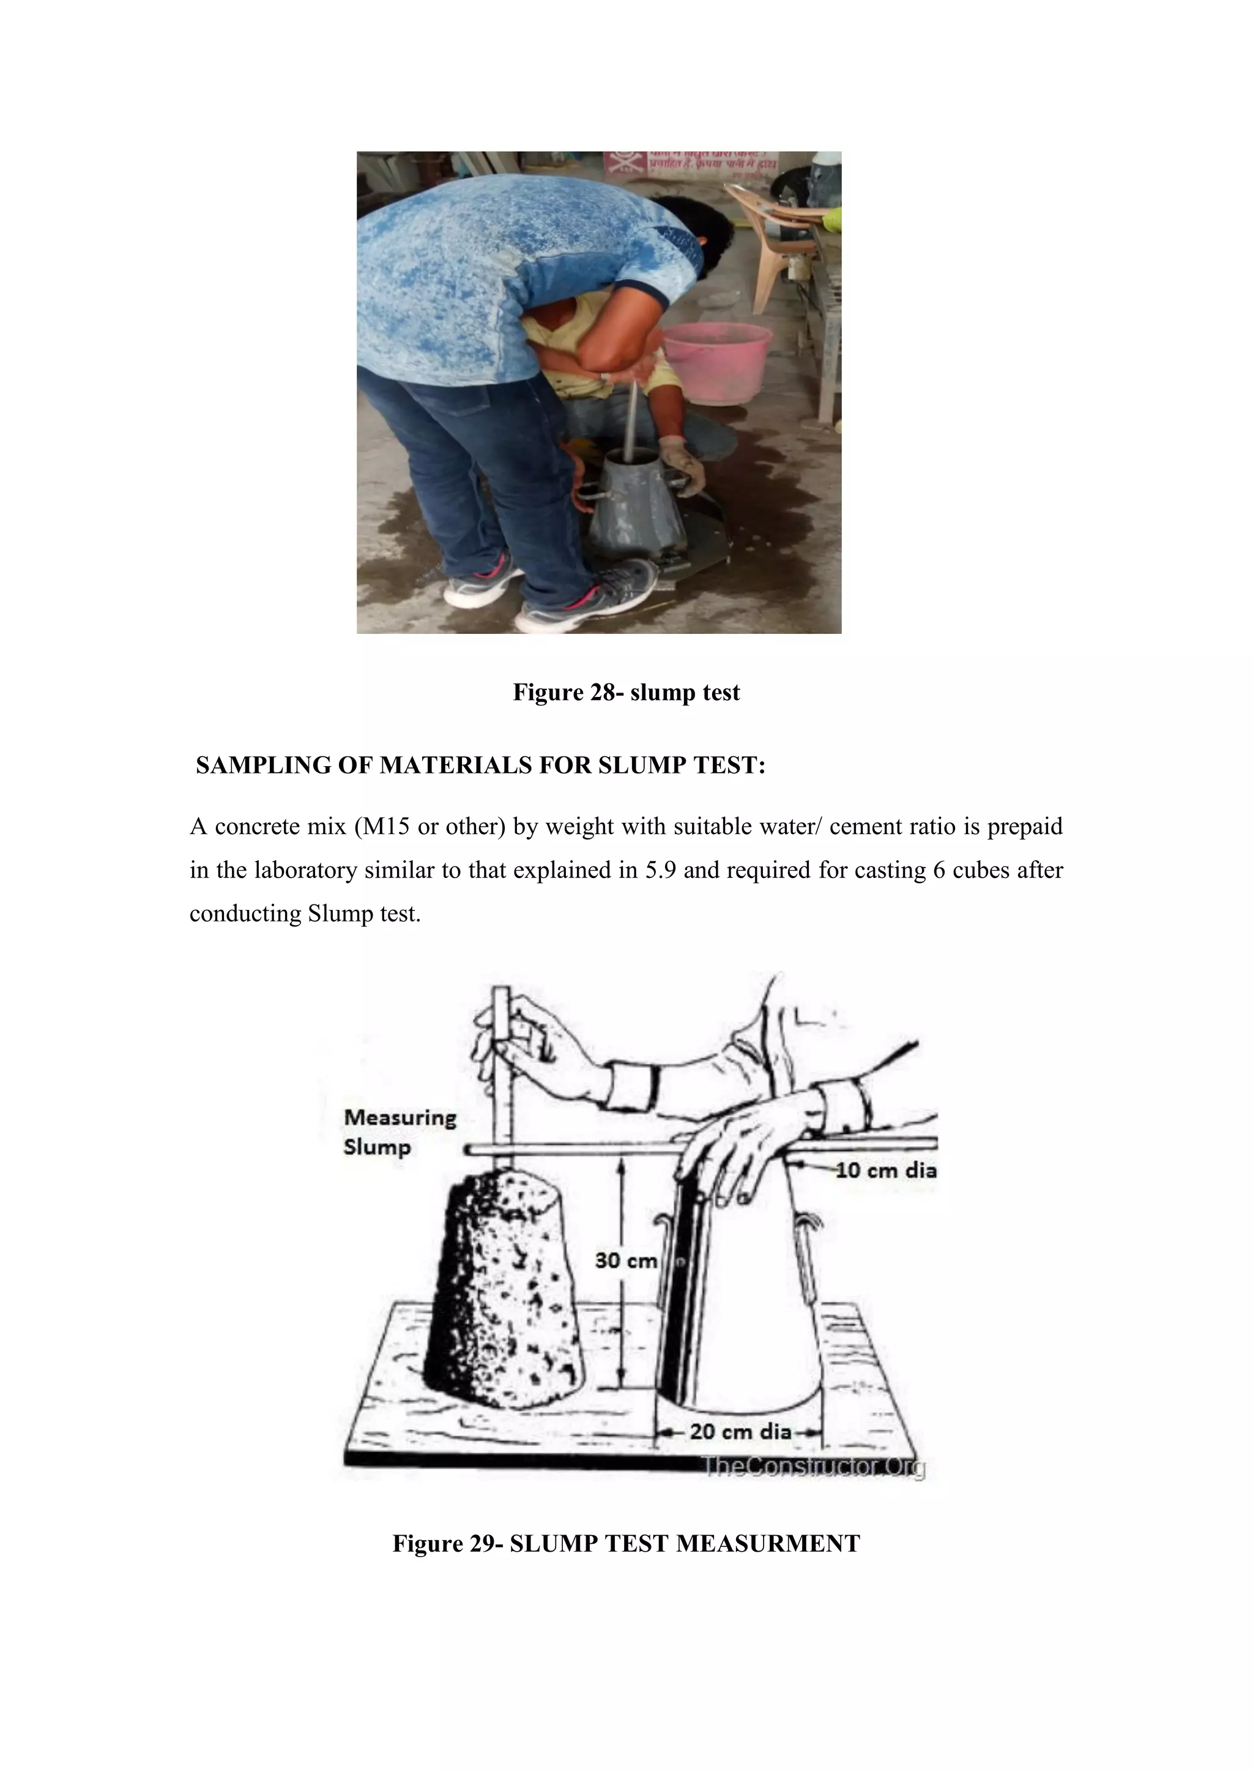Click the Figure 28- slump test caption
(x=626, y=692)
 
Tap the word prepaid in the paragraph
(x=1025, y=827)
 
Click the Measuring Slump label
(x=399, y=1131)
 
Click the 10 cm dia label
(x=887, y=1170)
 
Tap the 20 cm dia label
(x=740, y=1432)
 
